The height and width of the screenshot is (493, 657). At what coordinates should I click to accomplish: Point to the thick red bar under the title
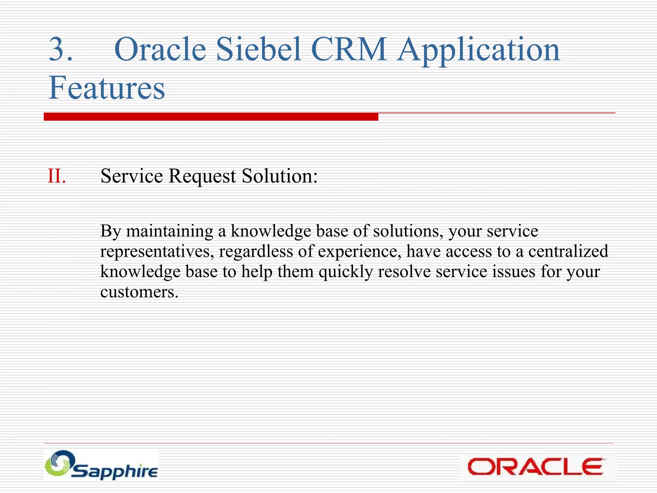pyautogui.click(x=211, y=117)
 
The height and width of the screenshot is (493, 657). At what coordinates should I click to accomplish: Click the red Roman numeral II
pyautogui.click(x=56, y=176)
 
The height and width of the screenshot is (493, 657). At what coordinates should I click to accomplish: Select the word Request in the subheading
pyautogui.click(x=202, y=176)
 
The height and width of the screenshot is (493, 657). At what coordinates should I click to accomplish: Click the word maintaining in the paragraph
pyautogui.click(x=169, y=231)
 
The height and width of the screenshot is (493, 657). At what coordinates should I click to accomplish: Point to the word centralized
pyautogui.click(x=568, y=251)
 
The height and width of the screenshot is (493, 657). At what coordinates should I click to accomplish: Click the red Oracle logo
pyautogui.click(x=535, y=467)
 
